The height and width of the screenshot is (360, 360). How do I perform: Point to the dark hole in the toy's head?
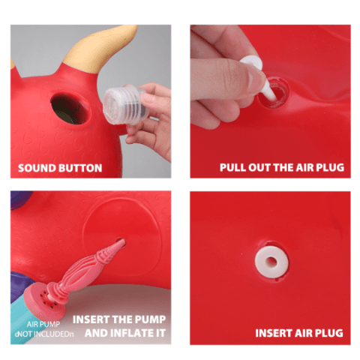click(70, 109)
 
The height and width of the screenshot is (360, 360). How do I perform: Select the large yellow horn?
click(100, 50)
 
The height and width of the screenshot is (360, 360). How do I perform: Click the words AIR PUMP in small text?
click(43, 324)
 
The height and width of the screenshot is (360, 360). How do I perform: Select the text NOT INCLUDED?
click(43, 334)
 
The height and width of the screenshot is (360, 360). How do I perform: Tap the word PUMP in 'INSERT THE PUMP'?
click(150, 319)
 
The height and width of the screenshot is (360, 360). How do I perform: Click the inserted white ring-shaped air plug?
click(271, 262)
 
